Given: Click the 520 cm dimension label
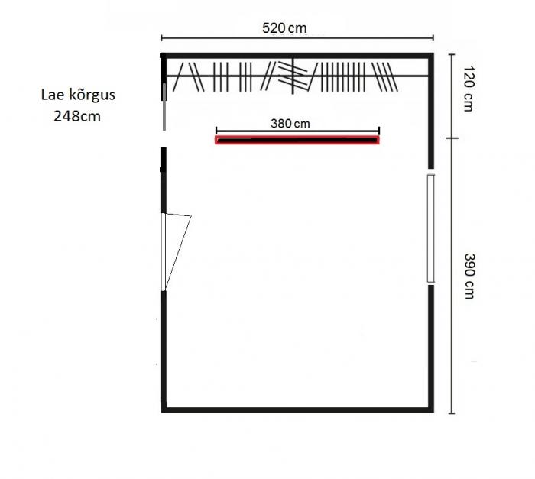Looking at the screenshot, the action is [284, 28].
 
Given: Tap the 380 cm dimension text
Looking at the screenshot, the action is [290, 123].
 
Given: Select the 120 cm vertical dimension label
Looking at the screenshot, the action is [469, 89].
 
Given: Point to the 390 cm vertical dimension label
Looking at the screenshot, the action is [469, 277].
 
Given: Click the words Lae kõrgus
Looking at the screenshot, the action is [78, 95].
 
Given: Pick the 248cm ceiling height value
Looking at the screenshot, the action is [77, 116].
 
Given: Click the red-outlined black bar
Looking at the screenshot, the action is [297, 140].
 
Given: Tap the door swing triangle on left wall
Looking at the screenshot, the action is [177, 252].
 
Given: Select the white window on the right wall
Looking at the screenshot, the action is [430, 228].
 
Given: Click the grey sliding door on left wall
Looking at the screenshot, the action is [164, 107].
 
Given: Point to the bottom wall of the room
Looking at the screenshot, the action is [297, 409].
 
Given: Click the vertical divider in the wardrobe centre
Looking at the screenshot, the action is [293, 76].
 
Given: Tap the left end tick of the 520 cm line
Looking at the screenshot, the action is [162, 37].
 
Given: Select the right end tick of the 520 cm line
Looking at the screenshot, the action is [433, 37].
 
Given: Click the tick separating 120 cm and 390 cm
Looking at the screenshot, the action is [452, 138].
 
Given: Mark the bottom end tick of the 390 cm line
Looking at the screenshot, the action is [452, 413].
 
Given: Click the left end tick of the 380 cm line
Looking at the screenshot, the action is [216, 130].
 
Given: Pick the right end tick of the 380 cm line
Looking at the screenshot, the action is [379, 130].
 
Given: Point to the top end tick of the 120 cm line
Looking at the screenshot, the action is [452, 54].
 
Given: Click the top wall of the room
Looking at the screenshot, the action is [297, 56].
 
